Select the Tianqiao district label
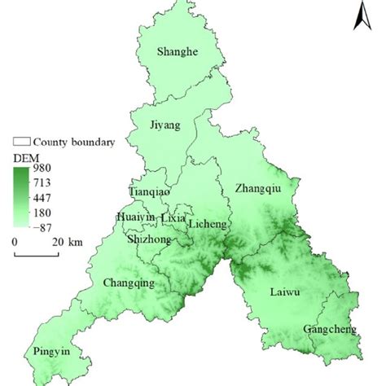tap(150, 191)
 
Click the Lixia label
tap(173, 218)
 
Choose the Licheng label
tap(208, 223)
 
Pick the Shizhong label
tap(150, 239)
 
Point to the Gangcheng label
tap(329, 329)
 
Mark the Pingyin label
tap(48, 352)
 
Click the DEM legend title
tap(23, 155)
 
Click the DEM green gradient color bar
tap(20, 198)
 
